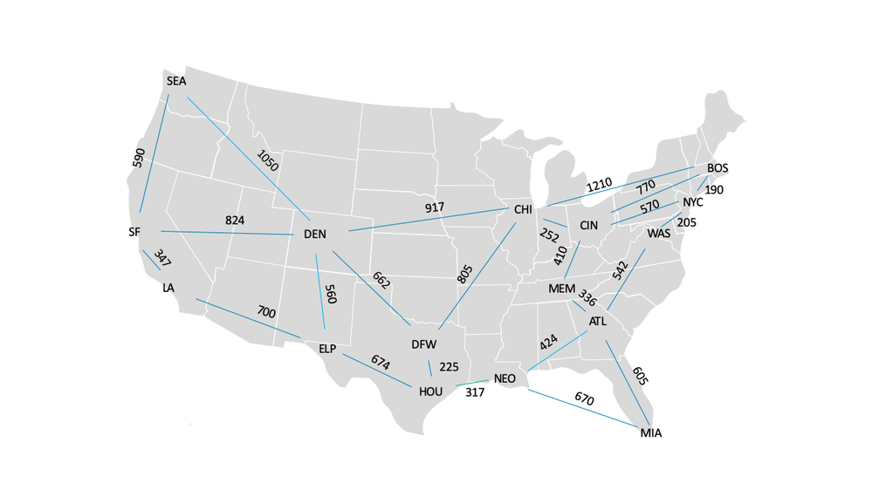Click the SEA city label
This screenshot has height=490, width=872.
pyautogui.click(x=176, y=81)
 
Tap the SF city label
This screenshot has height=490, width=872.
pyautogui.click(x=134, y=233)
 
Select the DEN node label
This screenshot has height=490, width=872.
pyautogui.click(x=314, y=235)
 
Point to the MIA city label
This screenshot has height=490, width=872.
pyautogui.click(x=651, y=433)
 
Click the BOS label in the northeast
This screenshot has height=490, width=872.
pyautogui.click(x=718, y=168)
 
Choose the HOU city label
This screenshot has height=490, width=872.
pyautogui.click(x=430, y=392)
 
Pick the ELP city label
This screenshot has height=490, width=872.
pyautogui.click(x=327, y=350)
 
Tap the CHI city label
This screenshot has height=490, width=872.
pyautogui.click(x=523, y=210)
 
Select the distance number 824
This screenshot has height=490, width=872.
pyautogui.click(x=235, y=221)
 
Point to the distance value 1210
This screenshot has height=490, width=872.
pyautogui.click(x=599, y=185)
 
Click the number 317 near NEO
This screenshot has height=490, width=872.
pyautogui.click(x=475, y=393)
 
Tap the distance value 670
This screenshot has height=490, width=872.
pyautogui.click(x=584, y=398)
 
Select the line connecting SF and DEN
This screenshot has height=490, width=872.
pyautogui.click(x=227, y=233)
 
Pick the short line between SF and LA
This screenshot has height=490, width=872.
pyautogui.click(x=152, y=261)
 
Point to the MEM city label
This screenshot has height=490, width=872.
pyautogui.click(x=561, y=289)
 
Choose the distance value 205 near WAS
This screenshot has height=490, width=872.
pyautogui.click(x=686, y=223)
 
